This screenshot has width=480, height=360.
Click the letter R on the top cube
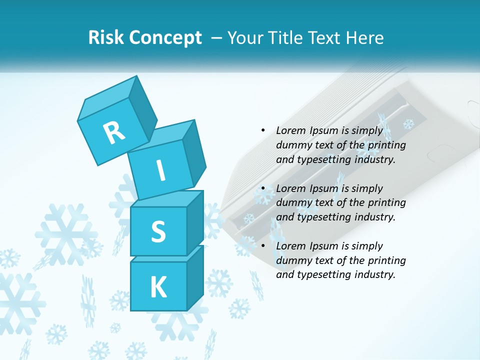tap(114, 132)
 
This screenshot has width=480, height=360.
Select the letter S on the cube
tap(158, 231)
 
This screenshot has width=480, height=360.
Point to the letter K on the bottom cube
tap(158, 287)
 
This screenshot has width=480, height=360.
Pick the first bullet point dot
tap(263, 130)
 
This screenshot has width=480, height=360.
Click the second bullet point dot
tap(263, 188)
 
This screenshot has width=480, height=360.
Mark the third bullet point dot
tap(263, 246)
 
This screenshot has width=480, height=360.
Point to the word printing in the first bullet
tap(386, 145)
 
